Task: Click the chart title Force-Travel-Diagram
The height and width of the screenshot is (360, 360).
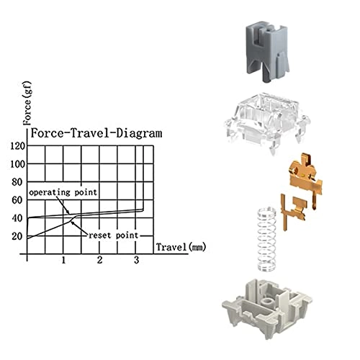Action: tap(86, 133)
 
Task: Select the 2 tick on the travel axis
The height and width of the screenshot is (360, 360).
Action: tap(100, 259)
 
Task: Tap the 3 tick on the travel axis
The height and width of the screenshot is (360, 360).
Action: tap(137, 259)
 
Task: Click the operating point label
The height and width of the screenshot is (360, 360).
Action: tap(63, 193)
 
